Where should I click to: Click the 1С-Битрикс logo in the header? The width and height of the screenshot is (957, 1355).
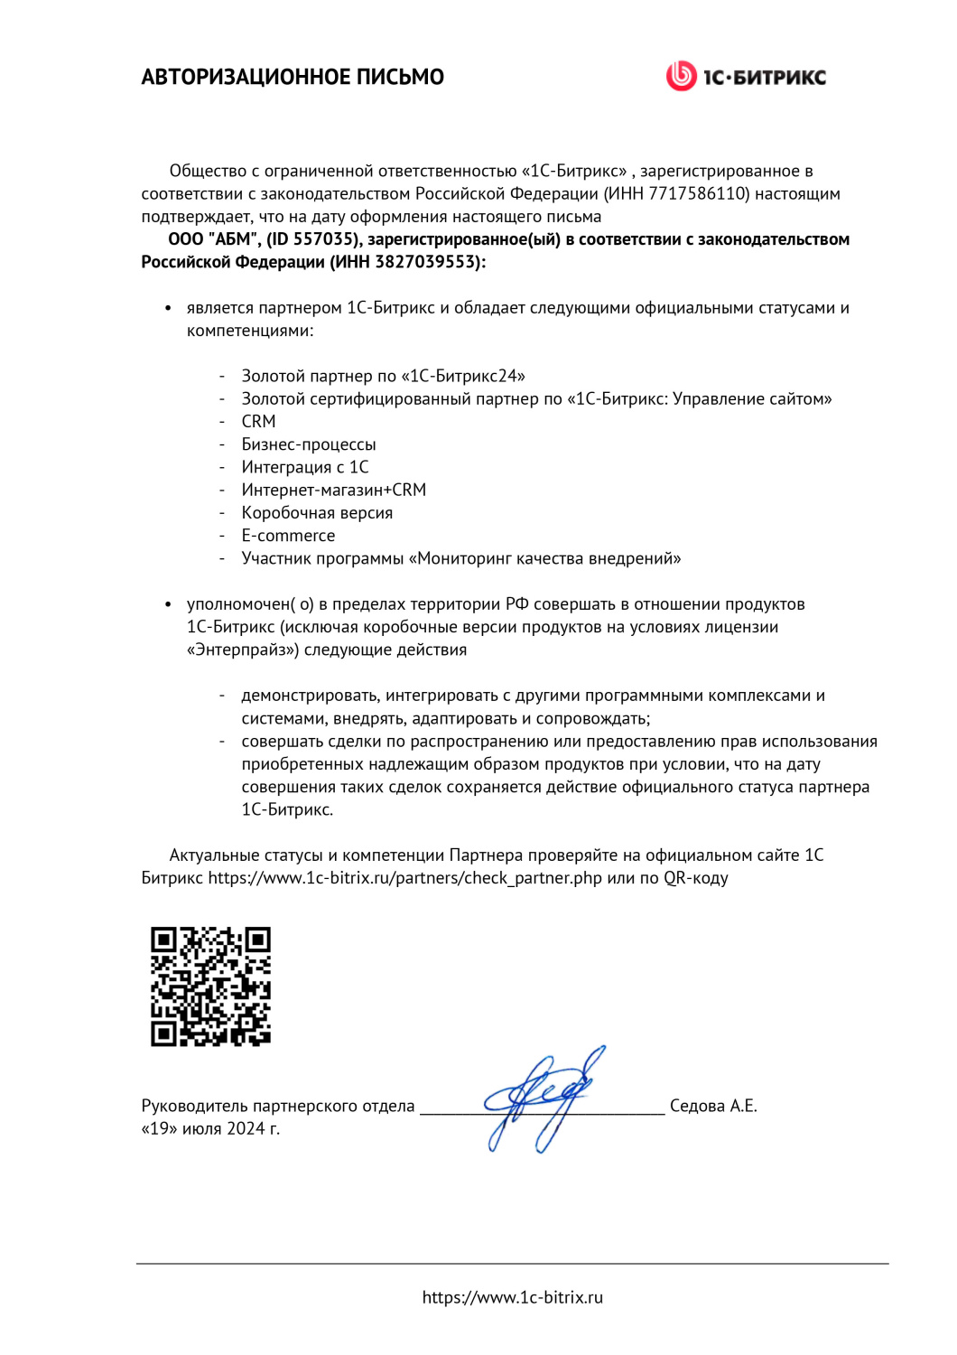746,76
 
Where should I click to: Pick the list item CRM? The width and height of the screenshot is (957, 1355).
258,422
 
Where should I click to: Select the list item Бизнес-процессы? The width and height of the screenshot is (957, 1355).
308,444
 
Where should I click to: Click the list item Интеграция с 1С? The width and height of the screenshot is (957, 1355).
304,467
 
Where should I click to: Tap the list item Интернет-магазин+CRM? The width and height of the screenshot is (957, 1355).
333,490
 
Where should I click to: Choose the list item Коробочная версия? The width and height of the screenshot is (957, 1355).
317,513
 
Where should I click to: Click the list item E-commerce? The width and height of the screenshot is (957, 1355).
288,536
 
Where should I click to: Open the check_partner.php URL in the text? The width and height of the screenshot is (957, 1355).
404,878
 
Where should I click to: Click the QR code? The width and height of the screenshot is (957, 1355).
210,986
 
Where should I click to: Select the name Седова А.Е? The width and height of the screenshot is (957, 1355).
713,1106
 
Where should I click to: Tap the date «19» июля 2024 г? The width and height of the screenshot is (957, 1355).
210,1128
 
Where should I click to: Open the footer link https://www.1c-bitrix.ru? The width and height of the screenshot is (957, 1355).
512,1297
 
